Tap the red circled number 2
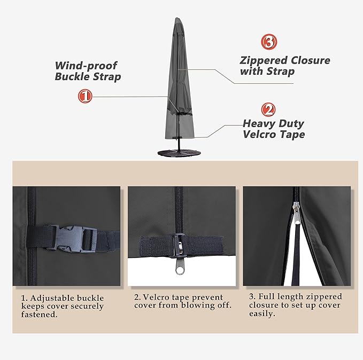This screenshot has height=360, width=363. point(268,110)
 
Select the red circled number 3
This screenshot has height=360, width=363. point(268,42)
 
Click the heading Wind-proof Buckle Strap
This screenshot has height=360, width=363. point(88,71)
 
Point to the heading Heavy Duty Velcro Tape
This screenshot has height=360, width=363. point(273,129)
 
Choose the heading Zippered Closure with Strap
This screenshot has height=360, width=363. point(284,66)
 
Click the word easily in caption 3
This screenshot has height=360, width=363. point(262,314)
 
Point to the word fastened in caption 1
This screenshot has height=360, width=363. point(39,315)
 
